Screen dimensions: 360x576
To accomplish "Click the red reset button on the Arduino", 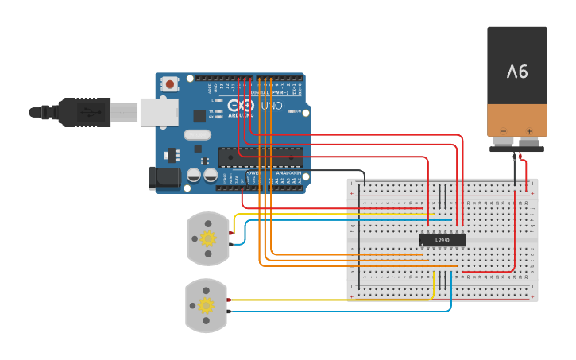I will pos(170,83).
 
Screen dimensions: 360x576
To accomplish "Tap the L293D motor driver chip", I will pos(442,239).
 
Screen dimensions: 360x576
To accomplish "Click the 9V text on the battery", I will pos(517,72).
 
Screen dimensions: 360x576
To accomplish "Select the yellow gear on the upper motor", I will pos(208,238).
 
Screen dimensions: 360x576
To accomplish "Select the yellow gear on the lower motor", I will pos(207,305).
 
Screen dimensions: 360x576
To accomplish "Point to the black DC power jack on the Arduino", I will pos(164,178).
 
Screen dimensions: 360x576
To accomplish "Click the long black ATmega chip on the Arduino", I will pos(261,157).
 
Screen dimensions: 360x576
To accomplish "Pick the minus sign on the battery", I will pos(502,131).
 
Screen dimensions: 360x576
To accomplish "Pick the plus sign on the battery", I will pos(529,131).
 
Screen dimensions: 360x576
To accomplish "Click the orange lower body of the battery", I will pos(517,119).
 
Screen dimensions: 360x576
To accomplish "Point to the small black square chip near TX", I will pos(199,116).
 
